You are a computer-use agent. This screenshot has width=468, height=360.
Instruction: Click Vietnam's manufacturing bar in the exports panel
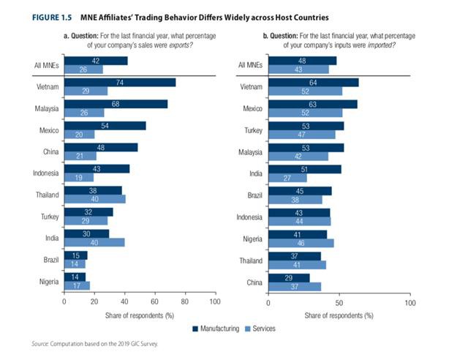(120, 83)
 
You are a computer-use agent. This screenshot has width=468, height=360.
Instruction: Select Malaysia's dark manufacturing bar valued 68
(116, 104)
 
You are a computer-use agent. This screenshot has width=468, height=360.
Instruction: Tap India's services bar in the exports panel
(94, 242)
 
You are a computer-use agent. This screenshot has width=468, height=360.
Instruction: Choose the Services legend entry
(260, 329)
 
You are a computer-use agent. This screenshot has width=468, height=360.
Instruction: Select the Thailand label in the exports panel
(47, 195)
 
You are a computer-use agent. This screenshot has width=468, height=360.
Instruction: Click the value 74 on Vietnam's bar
(119, 83)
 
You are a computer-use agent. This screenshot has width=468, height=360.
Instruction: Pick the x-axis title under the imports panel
(339, 315)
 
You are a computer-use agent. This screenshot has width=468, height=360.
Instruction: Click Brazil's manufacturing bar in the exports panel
(75, 255)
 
